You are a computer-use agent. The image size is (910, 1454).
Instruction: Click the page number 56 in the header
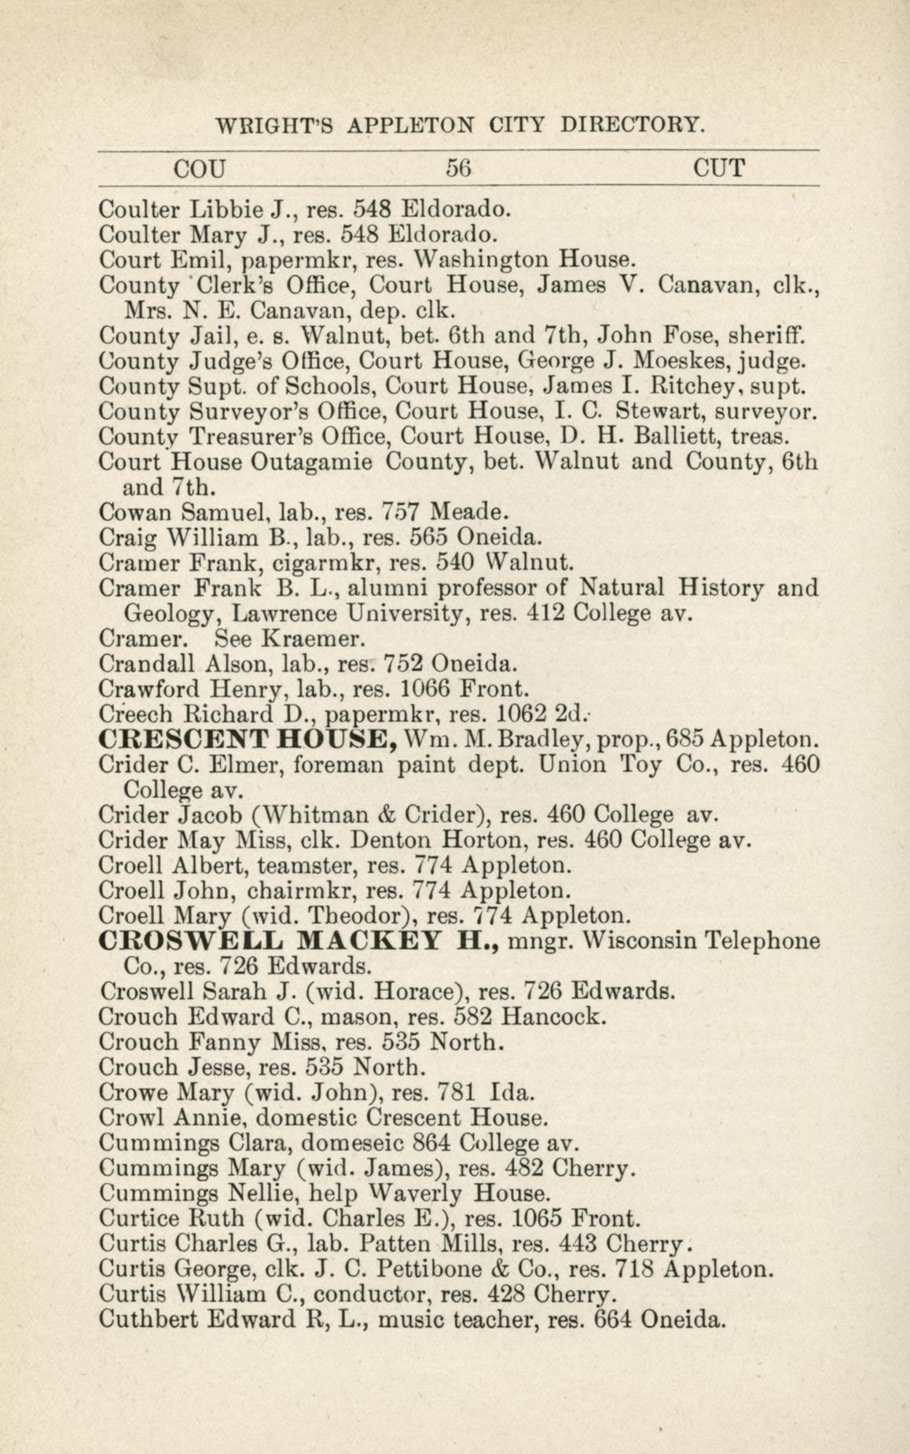pos(457,167)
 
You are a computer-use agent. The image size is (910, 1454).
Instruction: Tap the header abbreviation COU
pos(200,168)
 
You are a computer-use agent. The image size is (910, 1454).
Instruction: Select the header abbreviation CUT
pos(719,167)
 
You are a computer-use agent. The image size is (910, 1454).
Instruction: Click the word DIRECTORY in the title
pos(629,124)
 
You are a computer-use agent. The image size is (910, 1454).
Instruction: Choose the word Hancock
pos(553,1016)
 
